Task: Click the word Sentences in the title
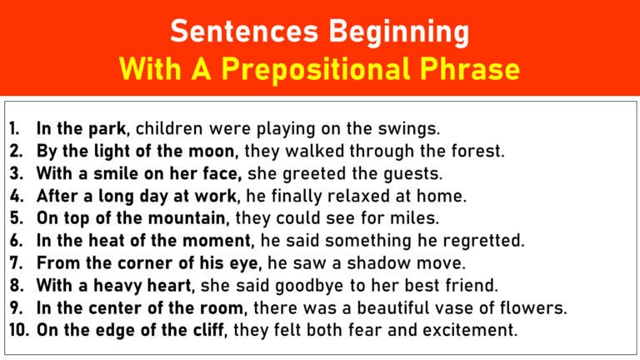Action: (226, 32)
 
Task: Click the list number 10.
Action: (19, 330)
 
